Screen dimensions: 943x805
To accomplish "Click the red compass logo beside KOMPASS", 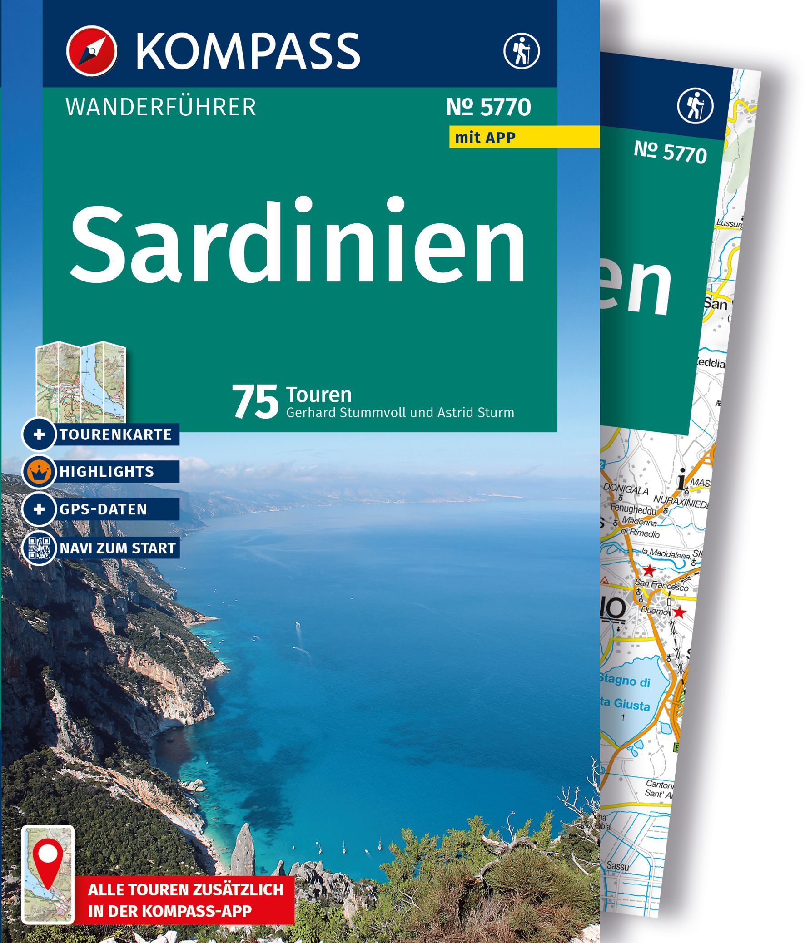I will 91,50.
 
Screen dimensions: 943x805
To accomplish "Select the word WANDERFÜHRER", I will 161,108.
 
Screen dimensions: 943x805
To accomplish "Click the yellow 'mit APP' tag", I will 485,137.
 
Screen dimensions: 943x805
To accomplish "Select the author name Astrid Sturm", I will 475,413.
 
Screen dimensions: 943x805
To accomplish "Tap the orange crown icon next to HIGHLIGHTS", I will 40,471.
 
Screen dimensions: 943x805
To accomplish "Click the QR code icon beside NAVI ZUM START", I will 40,548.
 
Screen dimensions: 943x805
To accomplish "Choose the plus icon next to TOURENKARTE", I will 40,434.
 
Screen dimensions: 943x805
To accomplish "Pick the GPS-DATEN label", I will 103,509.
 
